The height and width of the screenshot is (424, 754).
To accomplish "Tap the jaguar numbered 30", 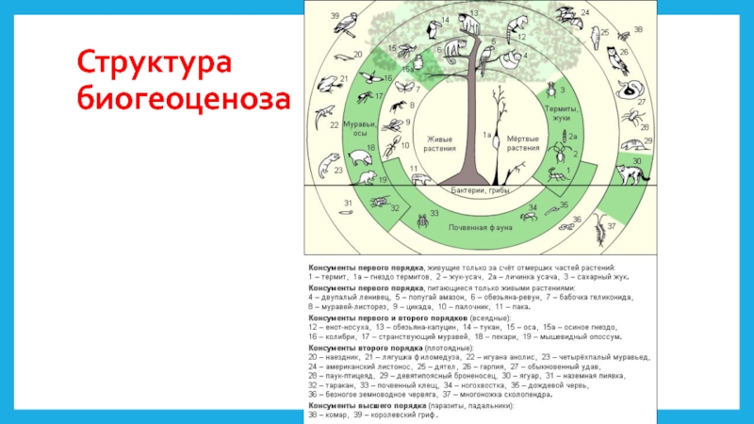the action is [x=625, y=172].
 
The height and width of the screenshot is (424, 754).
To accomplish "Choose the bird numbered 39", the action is [x=351, y=24].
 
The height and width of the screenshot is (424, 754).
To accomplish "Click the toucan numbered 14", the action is [x=436, y=47].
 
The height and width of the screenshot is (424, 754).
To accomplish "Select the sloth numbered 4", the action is [x=510, y=62].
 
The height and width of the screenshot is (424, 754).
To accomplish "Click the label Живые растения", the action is [x=440, y=142].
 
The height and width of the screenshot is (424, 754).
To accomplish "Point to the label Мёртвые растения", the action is [x=523, y=142].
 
